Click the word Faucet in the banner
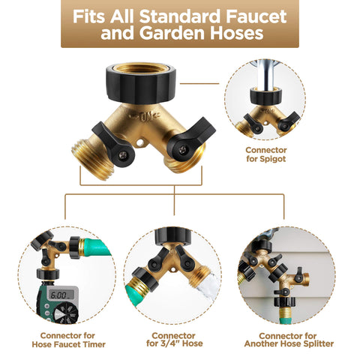pos(256,16)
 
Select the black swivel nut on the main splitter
pos(141,82)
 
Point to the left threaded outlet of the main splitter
pos(93,158)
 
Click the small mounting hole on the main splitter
pos(140,143)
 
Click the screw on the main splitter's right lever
pos(182,150)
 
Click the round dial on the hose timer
pos(66,313)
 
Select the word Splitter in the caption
pos(318,343)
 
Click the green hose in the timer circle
pos(97,247)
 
